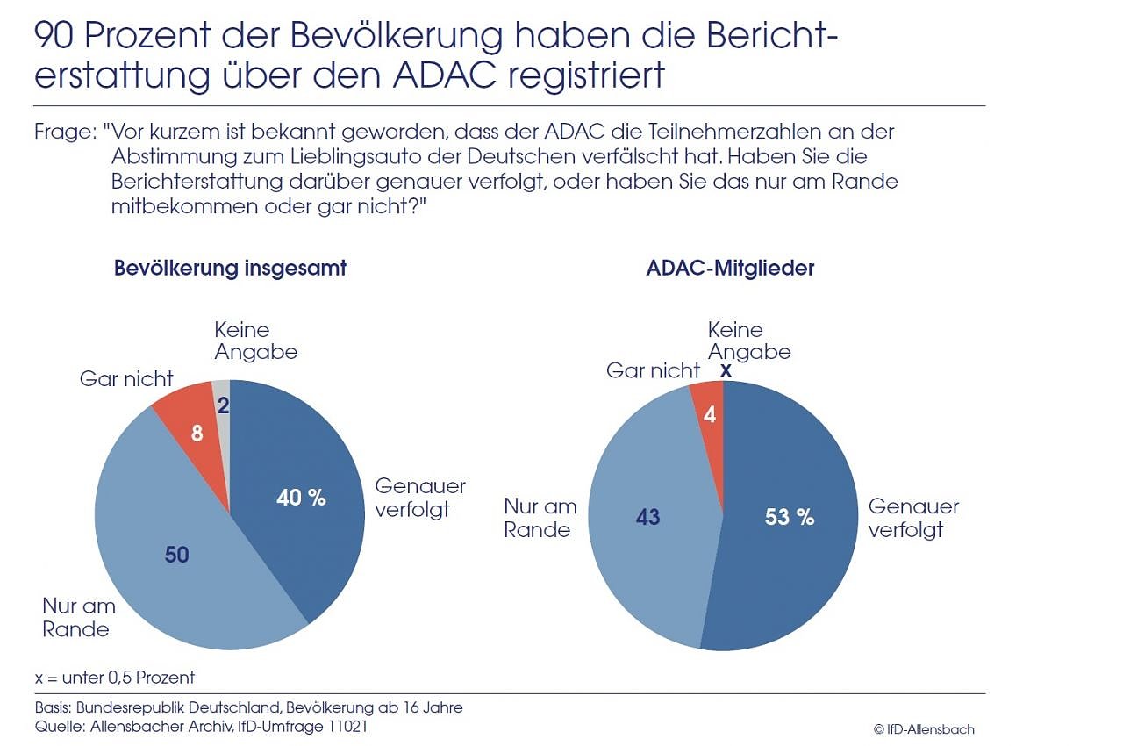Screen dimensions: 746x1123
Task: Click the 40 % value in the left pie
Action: [301, 498]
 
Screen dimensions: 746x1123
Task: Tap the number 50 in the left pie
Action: [176, 554]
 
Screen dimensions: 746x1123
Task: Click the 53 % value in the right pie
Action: [789, 517]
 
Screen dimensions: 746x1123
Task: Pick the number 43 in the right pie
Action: [647, 517]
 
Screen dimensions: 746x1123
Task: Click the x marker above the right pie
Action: [725, 371]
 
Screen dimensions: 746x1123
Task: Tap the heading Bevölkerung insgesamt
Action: [230, 269]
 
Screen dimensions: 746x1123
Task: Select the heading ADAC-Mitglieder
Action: [730, 269]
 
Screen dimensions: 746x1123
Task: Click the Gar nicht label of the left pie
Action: [126, 379]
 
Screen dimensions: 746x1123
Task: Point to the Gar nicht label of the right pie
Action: [653, 370]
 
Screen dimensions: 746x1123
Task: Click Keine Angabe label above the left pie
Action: [255, 341]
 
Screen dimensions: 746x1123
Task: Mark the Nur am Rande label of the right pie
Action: [540, 518]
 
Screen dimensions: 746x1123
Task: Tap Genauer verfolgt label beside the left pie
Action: [419, 498]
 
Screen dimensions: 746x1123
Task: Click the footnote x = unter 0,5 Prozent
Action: [115, 677]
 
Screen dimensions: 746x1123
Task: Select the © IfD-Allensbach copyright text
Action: [923, 729]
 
